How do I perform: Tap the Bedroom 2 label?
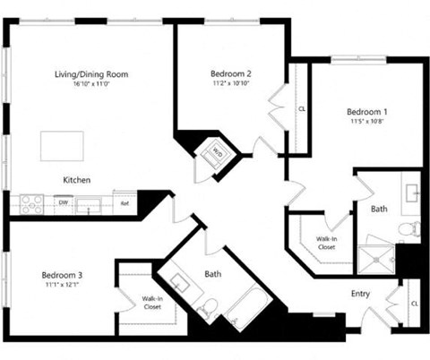click(x=230, y=73)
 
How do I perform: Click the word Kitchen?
click(x=76, y=180)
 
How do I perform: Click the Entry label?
click(x=360, y=293)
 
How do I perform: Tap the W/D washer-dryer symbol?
click(x=217, y=151)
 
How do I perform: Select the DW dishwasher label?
click(x=63, y=203)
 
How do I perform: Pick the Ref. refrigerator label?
click(x=125, y=203)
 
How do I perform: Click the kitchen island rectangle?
click(x=62, y=145)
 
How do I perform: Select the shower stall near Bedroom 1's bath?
click(x=376, y=258)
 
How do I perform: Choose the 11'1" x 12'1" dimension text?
click(x=62, y=286)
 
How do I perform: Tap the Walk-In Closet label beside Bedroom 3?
click(x=152, y=302)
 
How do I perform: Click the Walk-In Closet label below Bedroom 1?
click(x=326, y=243)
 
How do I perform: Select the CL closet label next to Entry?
click(x=414, y=304)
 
